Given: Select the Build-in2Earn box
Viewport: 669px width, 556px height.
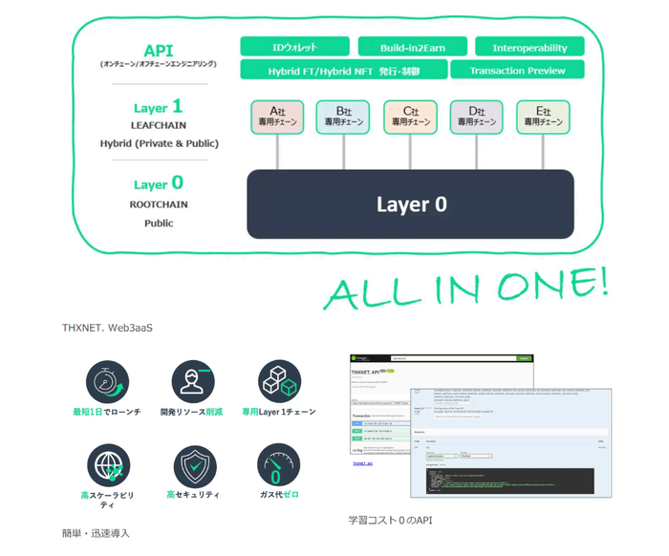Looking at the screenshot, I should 414,47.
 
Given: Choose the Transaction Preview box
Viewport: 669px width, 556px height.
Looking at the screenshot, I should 517,70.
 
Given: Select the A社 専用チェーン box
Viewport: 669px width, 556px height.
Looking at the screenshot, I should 278,117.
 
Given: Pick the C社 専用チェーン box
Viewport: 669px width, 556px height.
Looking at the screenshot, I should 411,117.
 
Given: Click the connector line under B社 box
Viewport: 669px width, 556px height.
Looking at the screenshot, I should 345,152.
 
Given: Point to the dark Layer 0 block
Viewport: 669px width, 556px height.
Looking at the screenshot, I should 411,203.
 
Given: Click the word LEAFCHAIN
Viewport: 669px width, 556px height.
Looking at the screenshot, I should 159,125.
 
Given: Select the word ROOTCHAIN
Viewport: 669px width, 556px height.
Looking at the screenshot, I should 159,204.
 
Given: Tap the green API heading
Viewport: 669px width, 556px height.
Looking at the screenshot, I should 159,50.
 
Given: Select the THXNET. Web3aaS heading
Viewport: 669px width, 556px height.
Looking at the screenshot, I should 107,328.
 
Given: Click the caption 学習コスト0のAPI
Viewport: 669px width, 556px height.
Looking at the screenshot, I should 391,521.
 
